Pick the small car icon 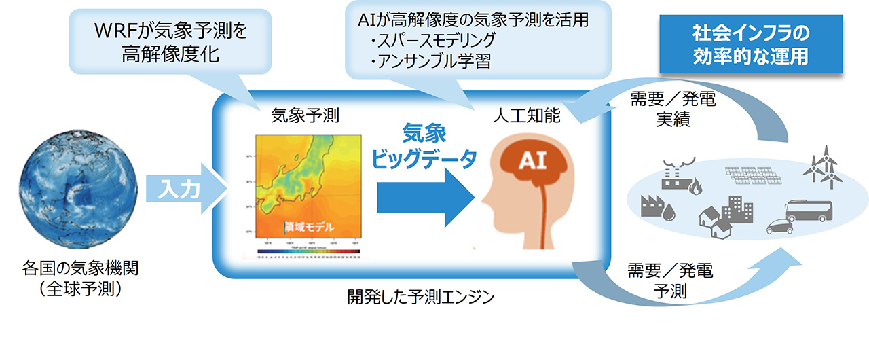(781, 226)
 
